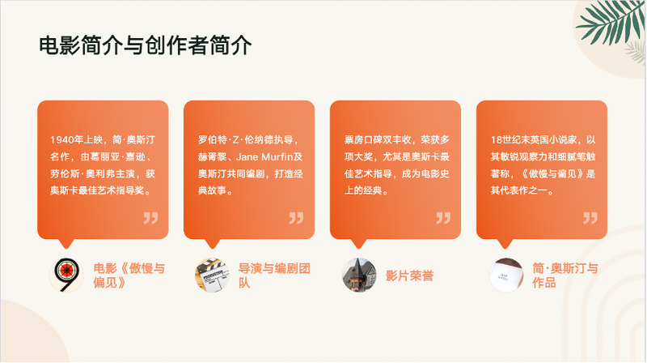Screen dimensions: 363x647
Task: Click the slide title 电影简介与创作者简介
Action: coord(146,45)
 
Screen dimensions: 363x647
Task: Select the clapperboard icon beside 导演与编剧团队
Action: coord(213,275)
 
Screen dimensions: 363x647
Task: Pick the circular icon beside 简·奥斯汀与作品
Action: coord(506,275)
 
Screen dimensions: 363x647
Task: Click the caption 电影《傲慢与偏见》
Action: coord(129,275)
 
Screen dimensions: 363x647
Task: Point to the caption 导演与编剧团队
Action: coord(275,275)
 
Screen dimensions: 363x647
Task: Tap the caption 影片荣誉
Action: coord(409,275)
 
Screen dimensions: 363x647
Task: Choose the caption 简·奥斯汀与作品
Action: coord(565,275)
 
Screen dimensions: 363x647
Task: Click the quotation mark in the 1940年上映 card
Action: coord(150,217)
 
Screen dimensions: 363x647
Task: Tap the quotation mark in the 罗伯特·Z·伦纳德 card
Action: coord(297,217)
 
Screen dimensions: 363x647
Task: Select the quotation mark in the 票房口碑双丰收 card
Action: coord(443,217)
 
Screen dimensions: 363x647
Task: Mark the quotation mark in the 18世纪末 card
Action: coord(590,217)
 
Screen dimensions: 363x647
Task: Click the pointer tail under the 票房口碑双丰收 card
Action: coord(358,243)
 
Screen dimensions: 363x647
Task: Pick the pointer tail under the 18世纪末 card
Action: coord(505,243)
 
